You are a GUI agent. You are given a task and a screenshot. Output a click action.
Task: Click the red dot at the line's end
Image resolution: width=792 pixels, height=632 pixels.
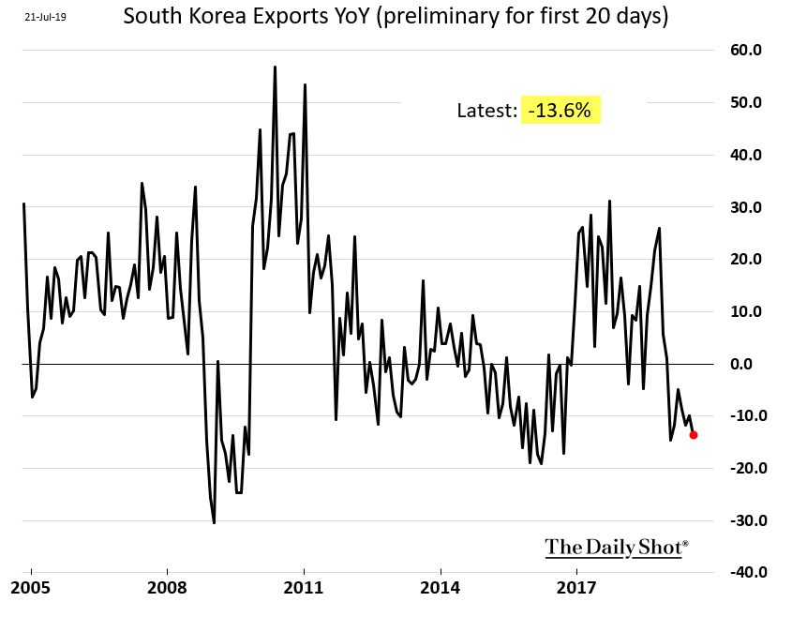click(x=693, y=434)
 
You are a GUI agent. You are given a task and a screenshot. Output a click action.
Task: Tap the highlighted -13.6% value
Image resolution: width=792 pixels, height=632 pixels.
click(x=560, y=111)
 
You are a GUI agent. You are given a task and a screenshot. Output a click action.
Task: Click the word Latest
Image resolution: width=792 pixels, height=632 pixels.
click(x=486, y=111)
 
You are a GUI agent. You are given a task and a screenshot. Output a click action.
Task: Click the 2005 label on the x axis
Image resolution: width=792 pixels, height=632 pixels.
click(x=30, y=589)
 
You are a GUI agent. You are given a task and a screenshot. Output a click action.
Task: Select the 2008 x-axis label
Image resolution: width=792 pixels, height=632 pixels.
click(x=167, y=589)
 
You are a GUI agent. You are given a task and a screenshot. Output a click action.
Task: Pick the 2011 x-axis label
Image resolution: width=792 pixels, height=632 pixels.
click(x=304, y=589)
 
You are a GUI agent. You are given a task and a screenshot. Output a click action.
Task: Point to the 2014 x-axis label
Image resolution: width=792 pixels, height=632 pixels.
click(x=441, y=589)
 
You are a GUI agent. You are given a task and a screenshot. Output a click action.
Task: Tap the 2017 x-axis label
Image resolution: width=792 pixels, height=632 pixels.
click(x=577, y=589)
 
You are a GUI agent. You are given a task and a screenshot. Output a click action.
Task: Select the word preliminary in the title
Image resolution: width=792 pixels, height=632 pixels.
click(x=439, y=17)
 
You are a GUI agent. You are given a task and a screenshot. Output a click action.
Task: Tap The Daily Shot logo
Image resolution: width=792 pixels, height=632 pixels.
click(x=617, y=547)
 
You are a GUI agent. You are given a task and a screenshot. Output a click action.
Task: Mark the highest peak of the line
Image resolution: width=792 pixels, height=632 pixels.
click(x=275, y=67)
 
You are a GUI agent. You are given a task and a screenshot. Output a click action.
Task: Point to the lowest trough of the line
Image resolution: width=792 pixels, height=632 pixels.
click(x=214, y=522)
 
